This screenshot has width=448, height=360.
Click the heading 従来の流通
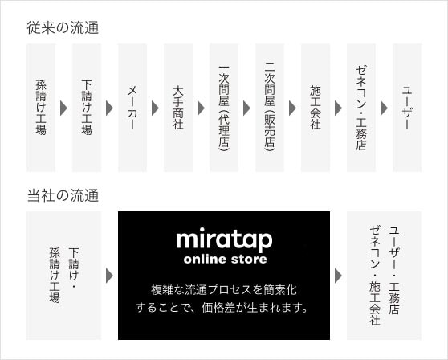[63, 28]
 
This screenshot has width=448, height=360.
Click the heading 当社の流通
[63, 196]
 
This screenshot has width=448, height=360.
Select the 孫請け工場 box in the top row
[41, 108]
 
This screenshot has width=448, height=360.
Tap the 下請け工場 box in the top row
[87, 108]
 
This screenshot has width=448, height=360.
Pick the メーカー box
[132, 108]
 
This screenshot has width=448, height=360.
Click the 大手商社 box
[178, 108]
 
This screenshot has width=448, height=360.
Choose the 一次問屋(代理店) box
[224, 108]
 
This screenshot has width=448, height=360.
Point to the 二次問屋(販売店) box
[270, 108]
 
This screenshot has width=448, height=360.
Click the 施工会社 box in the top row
[316, 108]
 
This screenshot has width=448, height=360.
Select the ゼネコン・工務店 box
[361, 108]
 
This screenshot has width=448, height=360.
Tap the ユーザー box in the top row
[407, 108]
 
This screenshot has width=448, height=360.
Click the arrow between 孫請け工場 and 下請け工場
[63, 108]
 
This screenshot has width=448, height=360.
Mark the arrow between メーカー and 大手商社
[155, 108]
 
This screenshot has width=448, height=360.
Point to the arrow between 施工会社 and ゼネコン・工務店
[338, 108]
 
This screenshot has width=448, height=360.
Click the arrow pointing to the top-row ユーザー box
[384, 108]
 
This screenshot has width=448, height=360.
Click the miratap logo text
[224, 239]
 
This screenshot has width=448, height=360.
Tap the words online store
[226, 260]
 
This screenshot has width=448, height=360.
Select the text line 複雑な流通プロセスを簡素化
[224, 290]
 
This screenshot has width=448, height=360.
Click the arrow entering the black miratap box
[109, 276]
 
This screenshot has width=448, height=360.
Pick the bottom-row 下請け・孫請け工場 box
[63, 276]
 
